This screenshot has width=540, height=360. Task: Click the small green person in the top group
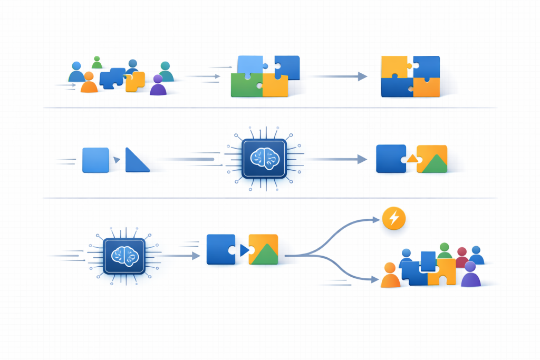[97, 63]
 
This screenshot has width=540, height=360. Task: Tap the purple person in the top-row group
[158, 86]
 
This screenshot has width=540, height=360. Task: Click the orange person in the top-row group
[89, 84]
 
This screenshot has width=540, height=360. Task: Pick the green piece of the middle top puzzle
[246, 85]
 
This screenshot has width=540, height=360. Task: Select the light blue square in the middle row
[95, 160]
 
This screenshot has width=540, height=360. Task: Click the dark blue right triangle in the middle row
[134, 162]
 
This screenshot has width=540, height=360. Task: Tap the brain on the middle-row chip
[264, 159]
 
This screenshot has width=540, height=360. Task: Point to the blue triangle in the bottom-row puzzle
[244, 250]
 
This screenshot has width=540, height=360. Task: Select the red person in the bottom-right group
[462, 258]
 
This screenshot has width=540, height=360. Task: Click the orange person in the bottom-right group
[390, 276]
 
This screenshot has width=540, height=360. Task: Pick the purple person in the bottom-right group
[470, 275]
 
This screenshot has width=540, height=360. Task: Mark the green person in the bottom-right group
[444, 251]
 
